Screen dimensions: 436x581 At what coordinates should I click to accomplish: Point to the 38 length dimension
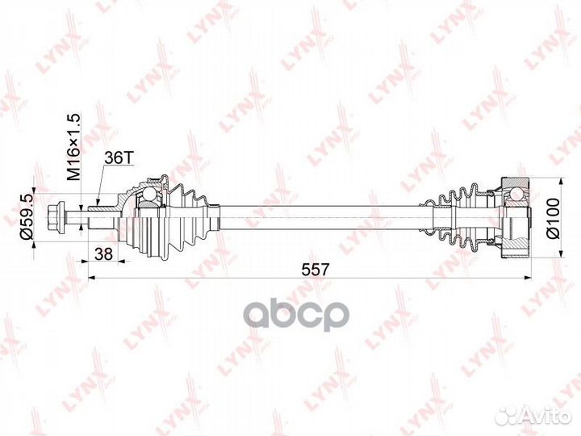(103, 253)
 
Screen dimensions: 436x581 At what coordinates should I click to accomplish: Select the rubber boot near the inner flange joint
(462, 216)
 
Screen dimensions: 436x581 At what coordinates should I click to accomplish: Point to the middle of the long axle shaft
(323, 216)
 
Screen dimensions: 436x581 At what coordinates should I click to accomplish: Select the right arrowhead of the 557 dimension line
(528, 278)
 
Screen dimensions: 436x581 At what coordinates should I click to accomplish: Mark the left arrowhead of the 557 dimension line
(89, 278)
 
